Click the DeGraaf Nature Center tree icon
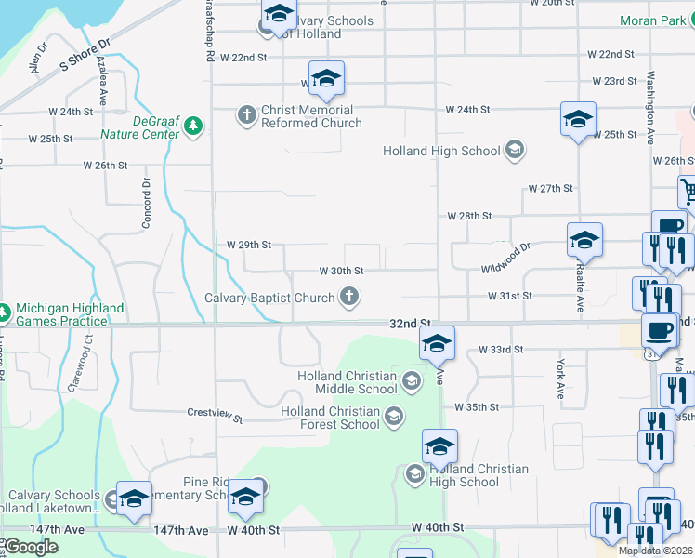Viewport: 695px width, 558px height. pos(193,126)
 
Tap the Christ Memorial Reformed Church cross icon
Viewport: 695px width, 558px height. pos(247,115)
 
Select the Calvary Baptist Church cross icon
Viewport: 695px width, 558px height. pos(349,298)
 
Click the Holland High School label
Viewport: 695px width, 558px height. pos(441,151)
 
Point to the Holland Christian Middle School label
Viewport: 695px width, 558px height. pos(347,382)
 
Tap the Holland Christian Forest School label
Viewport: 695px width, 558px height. pos(330,418)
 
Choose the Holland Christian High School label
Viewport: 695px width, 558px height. pos(479,475)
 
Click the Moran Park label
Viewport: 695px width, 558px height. pos(653,20)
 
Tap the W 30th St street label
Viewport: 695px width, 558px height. pos(340,271)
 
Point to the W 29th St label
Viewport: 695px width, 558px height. pos(249,245)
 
